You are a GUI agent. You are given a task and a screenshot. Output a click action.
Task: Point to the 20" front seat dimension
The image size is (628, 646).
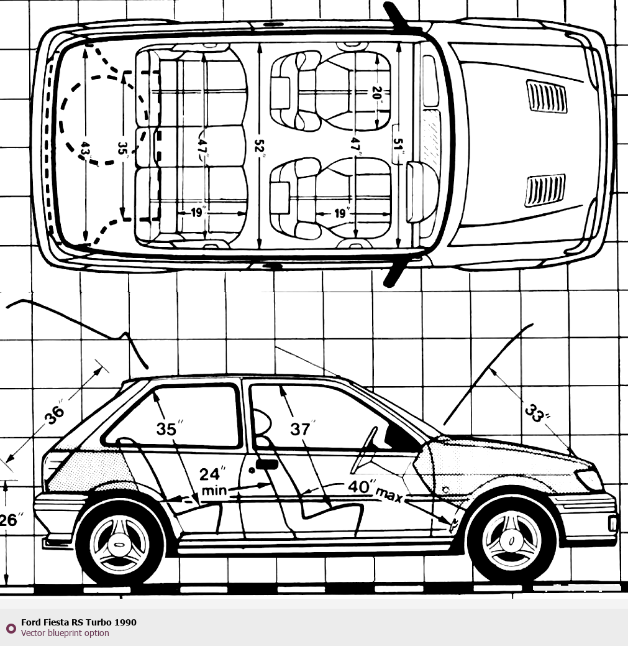[x=376, y=93]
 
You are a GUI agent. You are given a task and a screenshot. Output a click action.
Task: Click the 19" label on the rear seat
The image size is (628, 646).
[x=198, y=213]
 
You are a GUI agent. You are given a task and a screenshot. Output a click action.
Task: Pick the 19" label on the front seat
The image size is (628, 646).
[x=340, y=213]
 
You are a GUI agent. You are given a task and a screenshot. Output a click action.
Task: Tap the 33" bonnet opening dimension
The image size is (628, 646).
[x=533, y=412]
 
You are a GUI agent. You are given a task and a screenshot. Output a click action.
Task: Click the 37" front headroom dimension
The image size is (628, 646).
[x=301, y=429]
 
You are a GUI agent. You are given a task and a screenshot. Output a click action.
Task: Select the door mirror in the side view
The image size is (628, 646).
[x=266, y=463]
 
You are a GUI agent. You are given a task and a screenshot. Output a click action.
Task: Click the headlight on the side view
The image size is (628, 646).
[x=589, y=479]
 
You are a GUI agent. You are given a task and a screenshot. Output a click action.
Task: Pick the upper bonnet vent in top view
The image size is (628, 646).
[x=547, y=96]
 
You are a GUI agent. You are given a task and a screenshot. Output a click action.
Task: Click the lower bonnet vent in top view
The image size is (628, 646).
[x=545, y=190]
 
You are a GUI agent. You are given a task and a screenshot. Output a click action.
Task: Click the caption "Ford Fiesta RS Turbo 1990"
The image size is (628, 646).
[x=78, y=622]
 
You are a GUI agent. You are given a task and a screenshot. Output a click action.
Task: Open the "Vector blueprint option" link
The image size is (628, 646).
[x=65, y=633]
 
